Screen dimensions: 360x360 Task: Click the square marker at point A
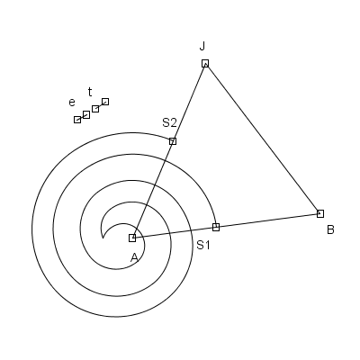pos(132,238)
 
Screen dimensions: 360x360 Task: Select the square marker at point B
pos(320,213)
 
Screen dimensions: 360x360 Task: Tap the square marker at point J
pos(205,63)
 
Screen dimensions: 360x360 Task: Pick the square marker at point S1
pos(216,227)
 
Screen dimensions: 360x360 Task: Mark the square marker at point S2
pos(173,141)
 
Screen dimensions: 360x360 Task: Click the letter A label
pos(134,257)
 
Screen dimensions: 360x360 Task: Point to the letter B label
pos(330,230)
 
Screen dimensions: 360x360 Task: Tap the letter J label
pos(202,46)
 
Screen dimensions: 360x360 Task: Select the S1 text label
pos(203,246)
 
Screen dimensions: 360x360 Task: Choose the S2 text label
pos(169,122)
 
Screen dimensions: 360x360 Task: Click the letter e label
pos(72,103)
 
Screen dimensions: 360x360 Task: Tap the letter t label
pos(90,92)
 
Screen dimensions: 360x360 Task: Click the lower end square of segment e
pos(77,120)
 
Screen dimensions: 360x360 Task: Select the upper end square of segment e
pos(86,114)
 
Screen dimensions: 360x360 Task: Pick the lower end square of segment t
pos(95,109)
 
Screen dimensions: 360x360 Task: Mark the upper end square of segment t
pos(105,102)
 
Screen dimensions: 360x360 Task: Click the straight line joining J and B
pos(263,139)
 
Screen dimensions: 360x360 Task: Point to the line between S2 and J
pos(189,102)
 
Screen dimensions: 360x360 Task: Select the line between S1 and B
pos(268,220)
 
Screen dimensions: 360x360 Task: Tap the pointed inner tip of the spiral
pos(103,238)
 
